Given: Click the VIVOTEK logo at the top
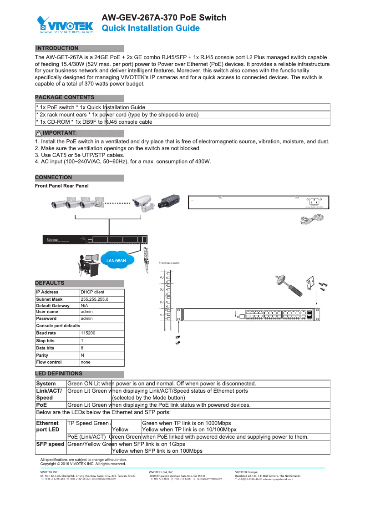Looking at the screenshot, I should pos(65,25).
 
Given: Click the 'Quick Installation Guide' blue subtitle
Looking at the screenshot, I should pos(150,29).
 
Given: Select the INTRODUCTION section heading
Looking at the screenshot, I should pos(57,48).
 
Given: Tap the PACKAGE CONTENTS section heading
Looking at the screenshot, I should pos(65,97).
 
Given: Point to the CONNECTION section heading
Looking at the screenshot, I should pos(53,177).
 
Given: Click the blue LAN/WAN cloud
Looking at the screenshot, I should pos(116,261).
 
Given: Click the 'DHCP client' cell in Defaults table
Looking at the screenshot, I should pos(92,292).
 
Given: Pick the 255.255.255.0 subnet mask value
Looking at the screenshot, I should pos(94,299).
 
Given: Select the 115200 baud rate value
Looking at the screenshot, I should pos(88,333).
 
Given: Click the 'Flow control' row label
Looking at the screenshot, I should pos(49,363).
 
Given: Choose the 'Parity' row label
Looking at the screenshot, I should pos(42,355).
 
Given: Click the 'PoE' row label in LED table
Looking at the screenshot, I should pos(42,405).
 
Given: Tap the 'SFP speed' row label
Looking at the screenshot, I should pos(50,444).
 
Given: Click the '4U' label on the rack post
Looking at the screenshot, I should pos(162,277).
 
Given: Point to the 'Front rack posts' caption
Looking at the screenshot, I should pos(169,263).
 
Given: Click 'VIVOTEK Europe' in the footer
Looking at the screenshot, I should pos(246,472).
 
